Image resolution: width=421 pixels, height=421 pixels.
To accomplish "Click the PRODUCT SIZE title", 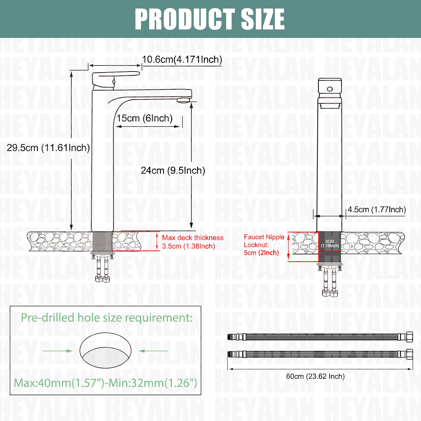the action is [x=210, y=19].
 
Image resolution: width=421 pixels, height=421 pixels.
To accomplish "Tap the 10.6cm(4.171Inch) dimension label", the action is [x=182, y=59].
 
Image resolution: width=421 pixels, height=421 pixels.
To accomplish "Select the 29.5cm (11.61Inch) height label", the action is [x=48, y=148].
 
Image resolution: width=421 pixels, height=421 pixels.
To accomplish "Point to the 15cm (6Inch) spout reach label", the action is [x=144, y=118].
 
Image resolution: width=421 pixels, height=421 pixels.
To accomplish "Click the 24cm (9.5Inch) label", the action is [x=173, y=171].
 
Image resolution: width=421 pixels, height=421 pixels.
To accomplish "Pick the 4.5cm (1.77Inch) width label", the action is [x=377, y=209].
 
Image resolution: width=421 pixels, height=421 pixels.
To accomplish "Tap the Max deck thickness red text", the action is [x=193, y=242].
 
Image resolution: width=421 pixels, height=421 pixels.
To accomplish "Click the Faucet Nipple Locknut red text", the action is [x=264, y=245].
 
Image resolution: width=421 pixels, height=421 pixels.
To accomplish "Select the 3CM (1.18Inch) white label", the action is [x=330, y=243].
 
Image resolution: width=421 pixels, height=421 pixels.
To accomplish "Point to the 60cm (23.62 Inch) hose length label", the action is [x=315, y=376].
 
